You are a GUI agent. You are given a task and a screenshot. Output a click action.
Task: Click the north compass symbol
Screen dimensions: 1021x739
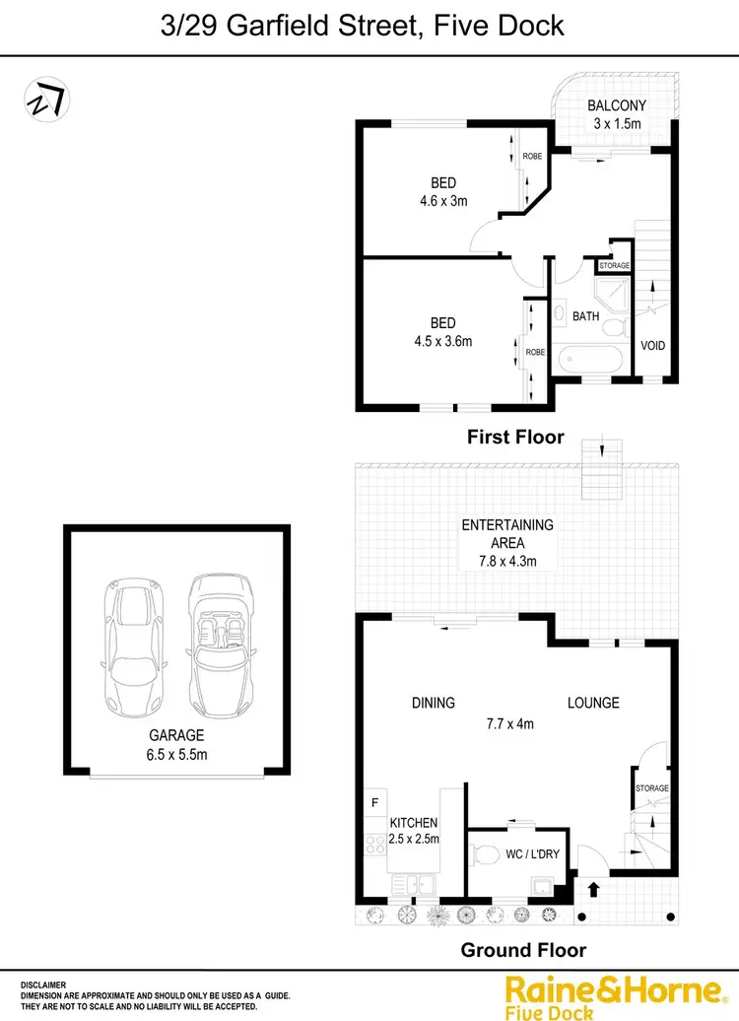(x=47, y=100)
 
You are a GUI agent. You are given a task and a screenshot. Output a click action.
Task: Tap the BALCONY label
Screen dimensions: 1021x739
(x=617, y=106)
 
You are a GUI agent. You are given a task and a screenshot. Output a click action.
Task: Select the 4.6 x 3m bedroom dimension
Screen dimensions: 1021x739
(x=443, y=200)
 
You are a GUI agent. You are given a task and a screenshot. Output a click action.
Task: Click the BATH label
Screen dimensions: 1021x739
(x=586, y=316)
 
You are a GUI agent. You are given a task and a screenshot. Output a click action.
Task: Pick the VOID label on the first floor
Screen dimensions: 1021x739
(x=653, y=346)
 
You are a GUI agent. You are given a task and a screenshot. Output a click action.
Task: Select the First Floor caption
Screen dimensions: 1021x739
(x=516, y=437)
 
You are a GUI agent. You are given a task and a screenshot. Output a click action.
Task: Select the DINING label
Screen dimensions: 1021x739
(x=434, y=703)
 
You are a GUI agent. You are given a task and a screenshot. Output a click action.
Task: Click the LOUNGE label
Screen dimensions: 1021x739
(x=593, y=703)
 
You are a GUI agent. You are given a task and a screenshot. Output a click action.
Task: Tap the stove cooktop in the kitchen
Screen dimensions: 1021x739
(x=374, y=845)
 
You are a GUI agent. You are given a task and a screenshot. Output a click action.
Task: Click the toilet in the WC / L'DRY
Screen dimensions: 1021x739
(x=490, y=853)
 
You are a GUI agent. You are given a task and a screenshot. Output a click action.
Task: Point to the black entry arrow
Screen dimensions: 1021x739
(x=593, y=890)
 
